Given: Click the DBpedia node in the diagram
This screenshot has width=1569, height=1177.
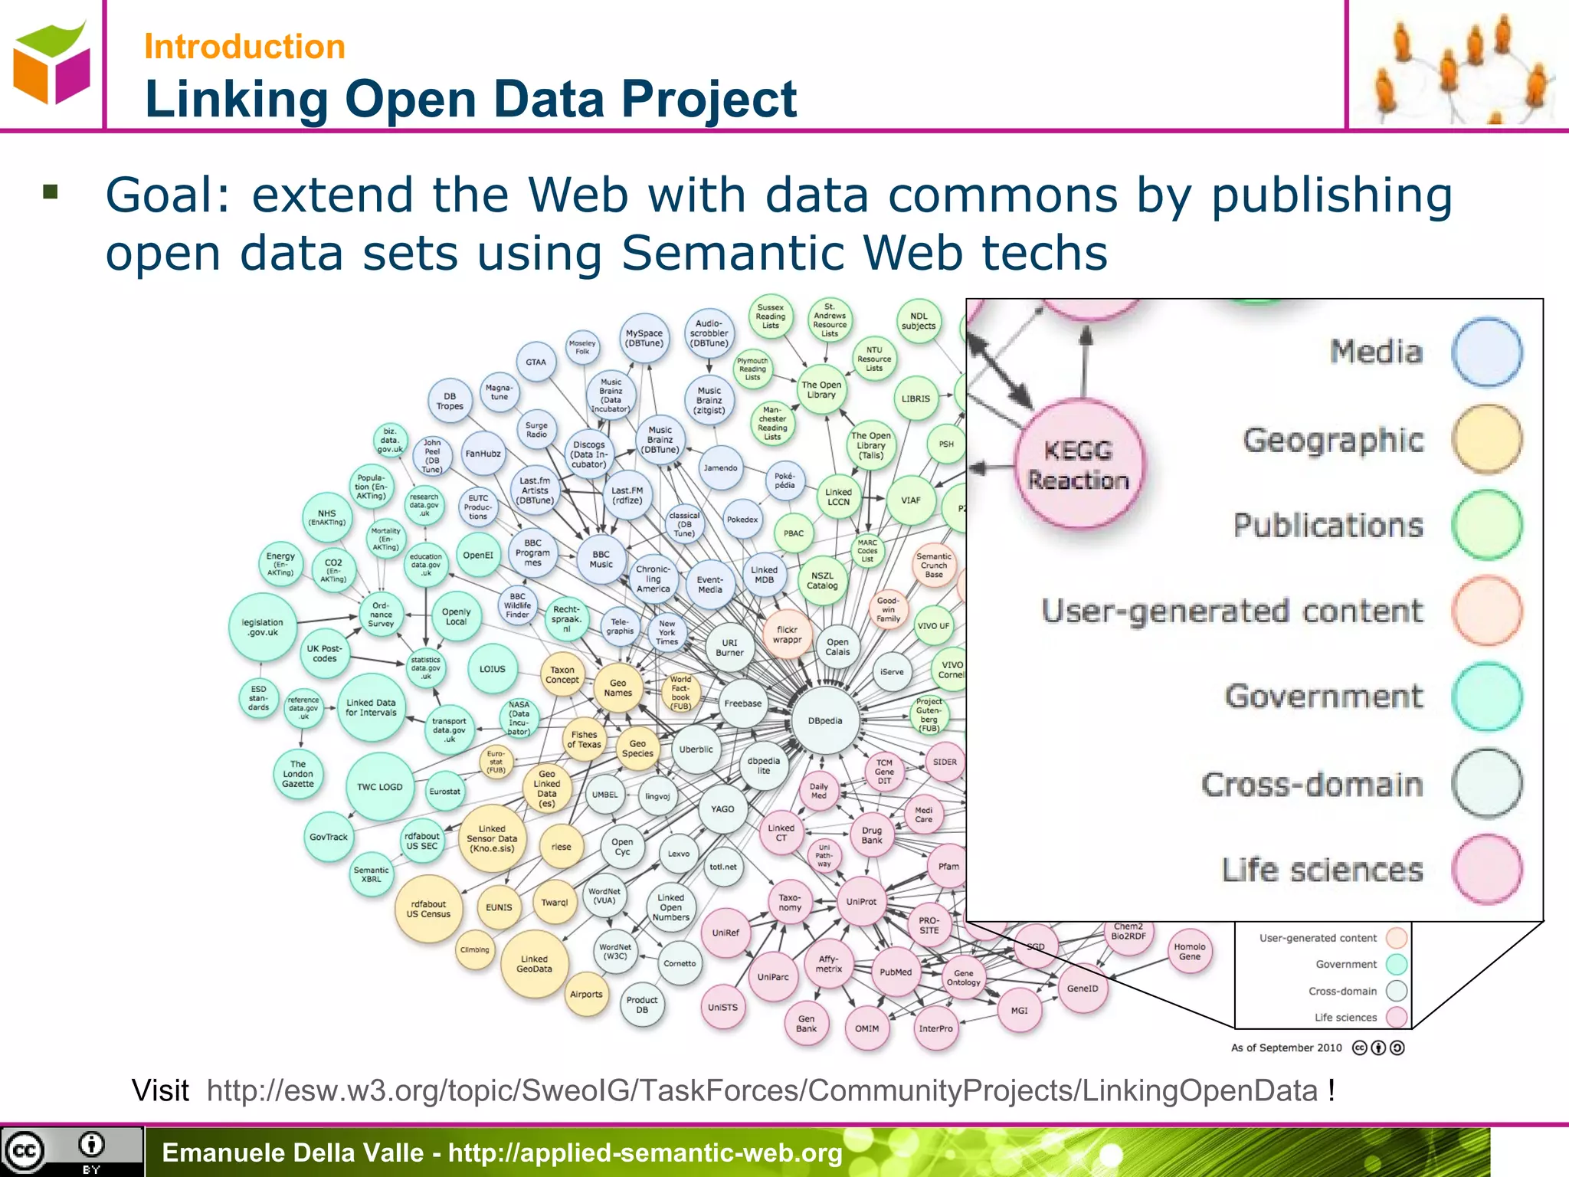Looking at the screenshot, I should pyautogui.click(x=825, y=720).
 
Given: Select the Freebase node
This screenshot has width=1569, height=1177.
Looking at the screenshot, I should pyautogui.click(x=742, y=703).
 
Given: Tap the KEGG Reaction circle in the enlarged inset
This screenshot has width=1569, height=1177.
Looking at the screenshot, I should pyautogui.click(x=1079, y=464).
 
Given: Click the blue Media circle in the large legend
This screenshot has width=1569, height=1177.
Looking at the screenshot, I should pyautogui.click(x=1486, y=352).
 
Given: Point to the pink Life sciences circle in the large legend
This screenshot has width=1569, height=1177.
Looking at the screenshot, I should pyautogui.click(x=1486, y=870).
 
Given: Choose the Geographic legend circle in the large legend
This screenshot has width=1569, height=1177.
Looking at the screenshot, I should pyautogui.click(x=1486, y=440).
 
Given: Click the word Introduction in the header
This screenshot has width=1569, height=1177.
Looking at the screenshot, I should pyautogui.click(x=244, y=47).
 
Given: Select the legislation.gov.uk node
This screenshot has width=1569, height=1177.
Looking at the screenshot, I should pyautogui.click(x=263, y=628).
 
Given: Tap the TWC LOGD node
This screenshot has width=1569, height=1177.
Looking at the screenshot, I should pyautogui.click(x=379, y=787).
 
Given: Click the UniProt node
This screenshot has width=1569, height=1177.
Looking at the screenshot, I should pyautogui.click(x=861, y=902).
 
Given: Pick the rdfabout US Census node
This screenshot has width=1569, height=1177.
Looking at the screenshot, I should pyautogui.click(x=428, y=909).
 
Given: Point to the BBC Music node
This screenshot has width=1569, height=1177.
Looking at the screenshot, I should pyautogui.click(x=601, y=559).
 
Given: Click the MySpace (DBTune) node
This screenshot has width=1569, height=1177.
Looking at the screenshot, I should pyautogui.click(x=644, y=338).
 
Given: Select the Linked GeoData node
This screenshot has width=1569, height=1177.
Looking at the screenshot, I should pyautogui.click(x=534, y=964).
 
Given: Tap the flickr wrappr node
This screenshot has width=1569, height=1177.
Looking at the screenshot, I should pyautogui.click(x=787, y=634).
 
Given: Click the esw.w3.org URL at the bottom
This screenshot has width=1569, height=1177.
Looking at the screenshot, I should pyautogui.click(x=762, y=1090).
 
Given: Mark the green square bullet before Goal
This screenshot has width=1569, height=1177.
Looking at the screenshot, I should pyautogui.click(x=51, y=192).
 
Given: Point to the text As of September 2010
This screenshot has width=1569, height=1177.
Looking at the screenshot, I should pyautogui.click(x=1286, y=1047).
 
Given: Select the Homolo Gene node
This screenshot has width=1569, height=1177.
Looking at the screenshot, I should pyautogui.click(x=1189, y=952).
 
